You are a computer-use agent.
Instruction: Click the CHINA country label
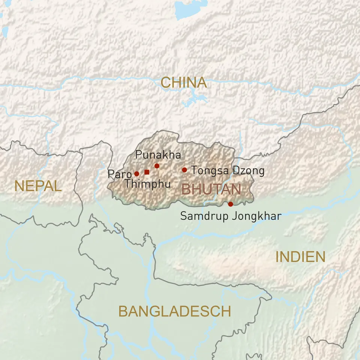pos(183,82)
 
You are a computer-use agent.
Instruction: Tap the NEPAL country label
pos(38,186)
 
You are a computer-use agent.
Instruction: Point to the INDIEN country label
pos(300,257)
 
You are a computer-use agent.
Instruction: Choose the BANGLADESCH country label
pos(174,311)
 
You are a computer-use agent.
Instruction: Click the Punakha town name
pos(158,155)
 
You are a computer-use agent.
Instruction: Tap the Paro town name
pos(119,174)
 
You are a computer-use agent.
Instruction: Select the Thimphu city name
pos(147,184)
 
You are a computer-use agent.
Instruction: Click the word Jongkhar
pos(256,216)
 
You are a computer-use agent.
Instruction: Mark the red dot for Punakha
pos(157,166)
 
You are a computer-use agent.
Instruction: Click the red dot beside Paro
pos(136,174)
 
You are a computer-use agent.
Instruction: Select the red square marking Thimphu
pos(147,172)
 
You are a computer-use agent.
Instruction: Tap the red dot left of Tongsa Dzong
pos(184,170)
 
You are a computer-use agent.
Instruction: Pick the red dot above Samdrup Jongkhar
pos(230,204)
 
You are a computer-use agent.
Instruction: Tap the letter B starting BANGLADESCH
pos(123,311)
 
